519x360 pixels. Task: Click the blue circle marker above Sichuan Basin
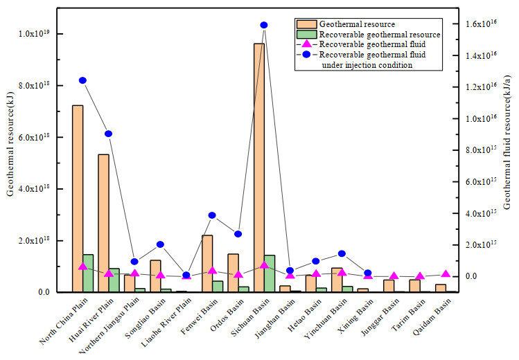pos(264,25)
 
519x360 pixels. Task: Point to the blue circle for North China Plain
pos(82,80)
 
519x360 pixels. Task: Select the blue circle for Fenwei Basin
pos(212,215)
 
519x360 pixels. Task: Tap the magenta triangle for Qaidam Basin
pos(446,274)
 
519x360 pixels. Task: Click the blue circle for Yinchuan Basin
pos(342,253)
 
